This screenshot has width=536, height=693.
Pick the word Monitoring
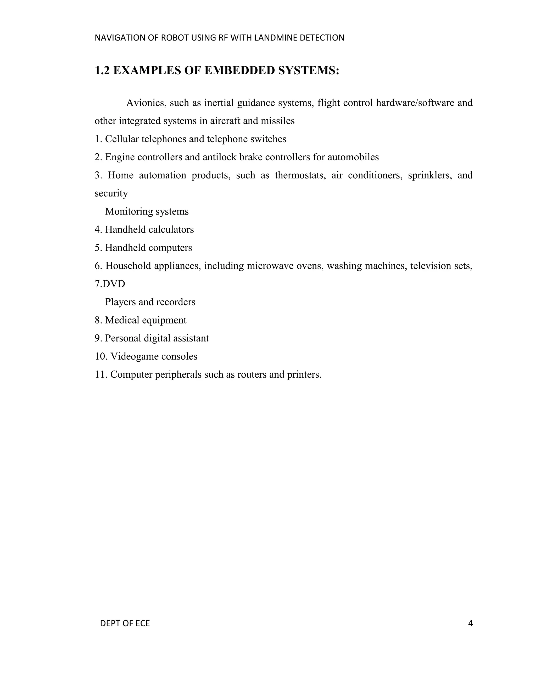click(x=126, y=211)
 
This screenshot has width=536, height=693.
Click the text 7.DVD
click(x=110, y=284)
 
